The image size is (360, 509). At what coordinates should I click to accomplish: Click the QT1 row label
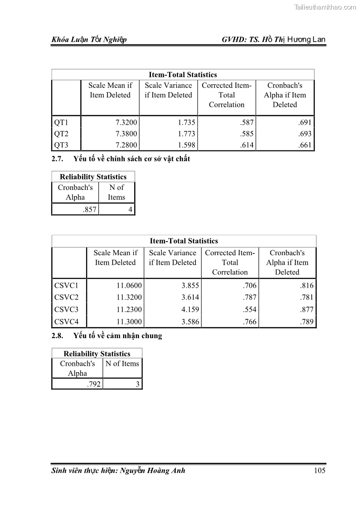61,122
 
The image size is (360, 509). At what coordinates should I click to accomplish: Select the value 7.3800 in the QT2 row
126,134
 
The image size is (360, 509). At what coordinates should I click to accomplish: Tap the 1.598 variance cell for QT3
184,145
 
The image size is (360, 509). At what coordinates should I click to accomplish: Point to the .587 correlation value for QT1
248,122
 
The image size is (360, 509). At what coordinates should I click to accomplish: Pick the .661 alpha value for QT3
305,145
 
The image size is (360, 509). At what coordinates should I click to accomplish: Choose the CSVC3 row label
66,310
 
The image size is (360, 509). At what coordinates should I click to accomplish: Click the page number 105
320,470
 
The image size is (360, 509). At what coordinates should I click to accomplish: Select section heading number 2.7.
59,159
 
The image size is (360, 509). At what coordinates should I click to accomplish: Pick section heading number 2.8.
59,336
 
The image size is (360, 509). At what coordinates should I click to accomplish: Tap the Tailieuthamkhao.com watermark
325,7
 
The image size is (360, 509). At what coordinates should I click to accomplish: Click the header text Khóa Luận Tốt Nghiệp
89,40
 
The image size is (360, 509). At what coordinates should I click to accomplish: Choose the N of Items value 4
131,209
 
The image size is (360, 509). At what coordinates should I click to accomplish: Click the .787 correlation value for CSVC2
249,298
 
